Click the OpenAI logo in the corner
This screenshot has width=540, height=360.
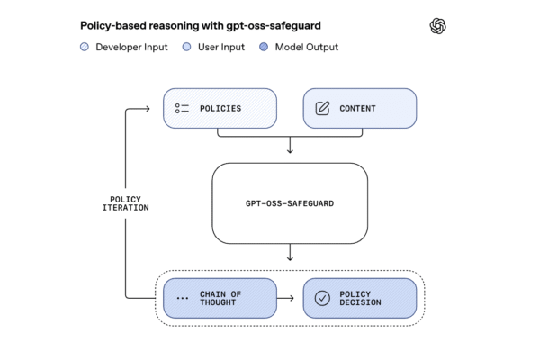pos(438,26)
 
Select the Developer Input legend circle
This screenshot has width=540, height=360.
pos(85,47)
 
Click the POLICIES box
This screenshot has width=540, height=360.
pos(219,108)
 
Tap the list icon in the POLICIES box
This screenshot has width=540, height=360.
pos(183,108)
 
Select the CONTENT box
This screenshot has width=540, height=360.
pos(359,108)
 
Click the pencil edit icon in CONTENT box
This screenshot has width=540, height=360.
pos(322,108)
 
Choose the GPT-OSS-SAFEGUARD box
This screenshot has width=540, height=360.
pos(290,204)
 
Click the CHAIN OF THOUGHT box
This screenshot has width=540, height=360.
pos(219,298)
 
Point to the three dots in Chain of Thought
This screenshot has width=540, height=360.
pos(183,298)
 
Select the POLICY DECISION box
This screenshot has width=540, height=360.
pos(359,298)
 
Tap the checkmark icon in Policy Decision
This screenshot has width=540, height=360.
pos(322,298)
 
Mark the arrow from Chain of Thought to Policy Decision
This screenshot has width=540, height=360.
pos(289,298)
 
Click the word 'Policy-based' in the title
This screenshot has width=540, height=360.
pos(104,25)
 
